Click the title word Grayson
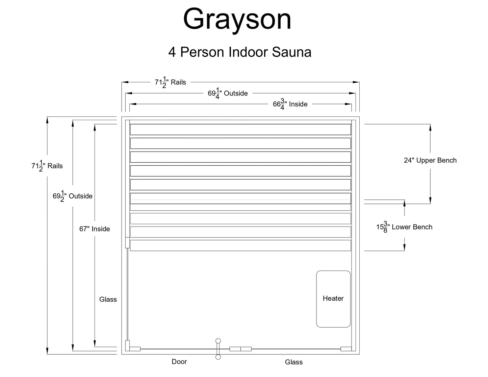pyautogui.click(x=237, y=20)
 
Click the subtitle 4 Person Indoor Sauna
pyautogui.click(x=240, y=52)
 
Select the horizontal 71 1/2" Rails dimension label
pyautogui.click(x=170, y=82)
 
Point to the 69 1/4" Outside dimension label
pyautogui.click(x=228, y=93)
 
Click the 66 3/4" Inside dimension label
pyautogui.click(x=290, y=104)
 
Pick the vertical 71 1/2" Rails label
pyautogui.click(x=47, y=166)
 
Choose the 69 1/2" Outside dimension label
pyautogui.click(x=72, y=196)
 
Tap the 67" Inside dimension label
pyautogui.click(x=95, y=229)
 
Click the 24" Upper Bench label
pyautogui.click(x=430, y=160)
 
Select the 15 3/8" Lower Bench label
pyautogui.click(x=404, y=227)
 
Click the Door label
pyautogui.click(x=179, y=362)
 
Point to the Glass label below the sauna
pyautogui.click(x=293, y=362)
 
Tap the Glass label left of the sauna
pyautogui.click(x=108, y=299)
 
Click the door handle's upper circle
pyautogui.click(x=218, y=341)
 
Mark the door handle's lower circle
pyautogui.click(x=218, y=357)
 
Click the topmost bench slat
pyautogui.click(x=240, y=130)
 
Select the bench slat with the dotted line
pyautogui.click(x=240, y=198)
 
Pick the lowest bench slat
pyautogui.click(x=240, y=245)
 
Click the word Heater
pyautogui.click(x=333, y=298)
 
